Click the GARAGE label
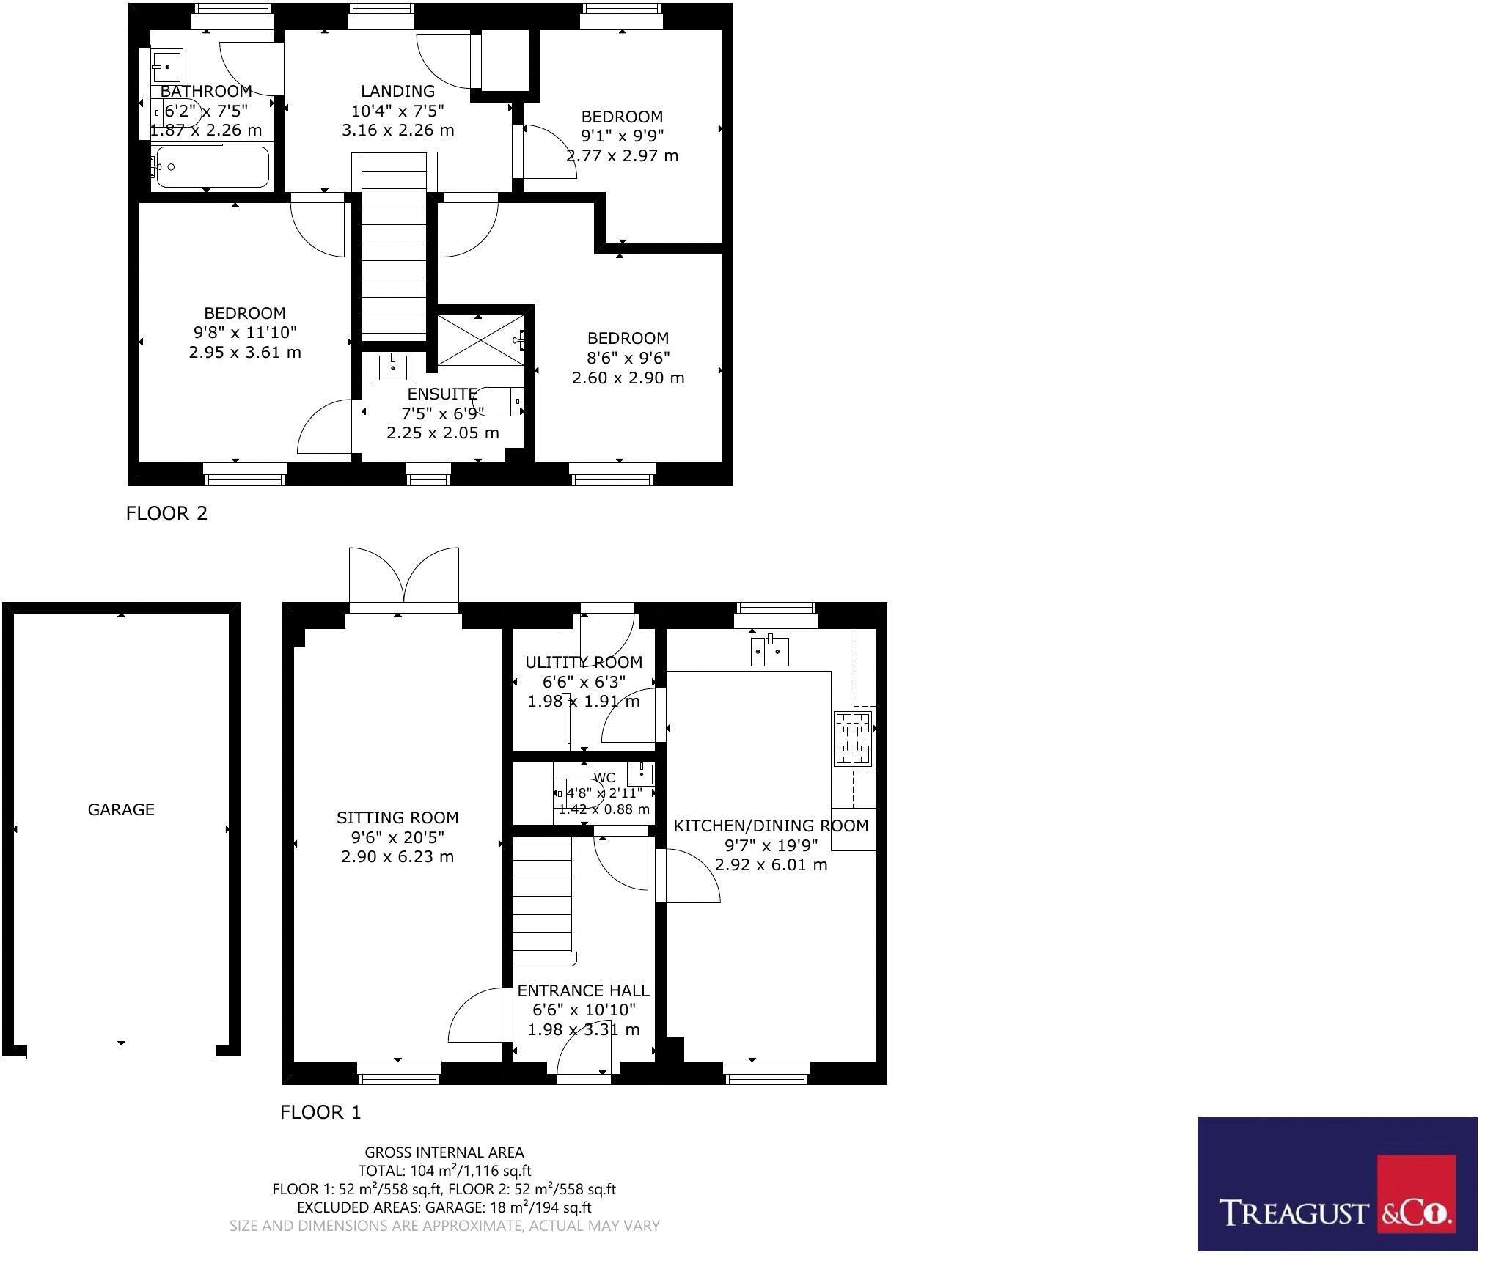click(x=121, y=809)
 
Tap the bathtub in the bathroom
click(x=210, y=167)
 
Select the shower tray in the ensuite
click(x=480, y=340)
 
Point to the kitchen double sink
click(x=769, y=651)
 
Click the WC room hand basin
click(x=641, y=774)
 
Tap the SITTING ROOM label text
click(x=397, y=817)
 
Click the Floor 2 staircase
click(x=395, y=249)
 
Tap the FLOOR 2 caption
click(x=166, y=513)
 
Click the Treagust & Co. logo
click(x=1337, y=1184)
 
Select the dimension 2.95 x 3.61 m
click(x=245, y=352)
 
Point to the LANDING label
click(x=397, y=91)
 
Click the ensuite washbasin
click(x=393, y=367)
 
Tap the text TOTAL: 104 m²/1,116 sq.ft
click(x=444, y=1171)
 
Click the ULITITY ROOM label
click(x=584, y=662)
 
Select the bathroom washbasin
click(x=166, y=67)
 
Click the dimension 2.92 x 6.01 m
click(x=771, y=864)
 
